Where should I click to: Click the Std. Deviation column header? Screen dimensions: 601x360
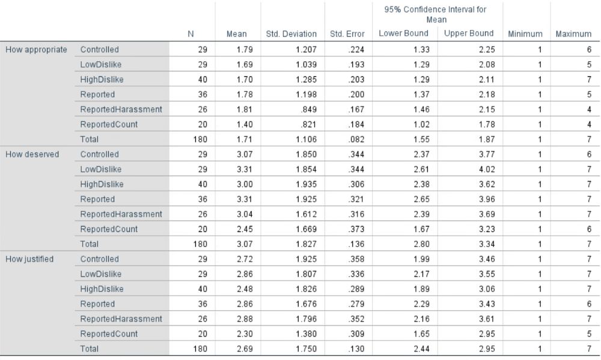[x=291, y=34]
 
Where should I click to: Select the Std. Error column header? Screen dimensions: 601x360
[x=347, y=34]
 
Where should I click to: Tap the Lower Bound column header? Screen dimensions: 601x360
[x=404, y=33]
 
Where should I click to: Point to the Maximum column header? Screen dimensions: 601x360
[x=573, y=34]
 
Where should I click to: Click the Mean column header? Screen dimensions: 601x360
[x=236, y=34]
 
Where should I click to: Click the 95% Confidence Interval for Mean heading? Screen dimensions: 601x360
[x=435, y=14]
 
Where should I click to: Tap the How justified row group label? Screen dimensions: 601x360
[x=29, y=259]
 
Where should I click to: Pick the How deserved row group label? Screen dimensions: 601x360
[x=32, y=154]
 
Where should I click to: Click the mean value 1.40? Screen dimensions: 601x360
[x=245, y=124]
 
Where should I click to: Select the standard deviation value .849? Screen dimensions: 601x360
[x=308, y=109]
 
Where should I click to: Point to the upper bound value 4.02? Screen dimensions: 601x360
[x=487, y=169]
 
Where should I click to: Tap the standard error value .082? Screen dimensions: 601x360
[x=356, y=139]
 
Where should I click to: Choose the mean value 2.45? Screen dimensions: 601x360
[x=245, y=229]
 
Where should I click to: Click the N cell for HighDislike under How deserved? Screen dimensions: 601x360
[x=203, y=185]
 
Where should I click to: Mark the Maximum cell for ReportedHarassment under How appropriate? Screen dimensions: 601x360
[x=589, y=109]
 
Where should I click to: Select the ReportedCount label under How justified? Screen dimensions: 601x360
[x=109, y=334]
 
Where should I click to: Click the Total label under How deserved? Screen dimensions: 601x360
[x=90, y=244]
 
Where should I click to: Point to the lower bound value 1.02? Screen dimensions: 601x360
[x=421, y=124]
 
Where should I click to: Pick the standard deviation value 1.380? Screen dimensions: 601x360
[x=307, y=334]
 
